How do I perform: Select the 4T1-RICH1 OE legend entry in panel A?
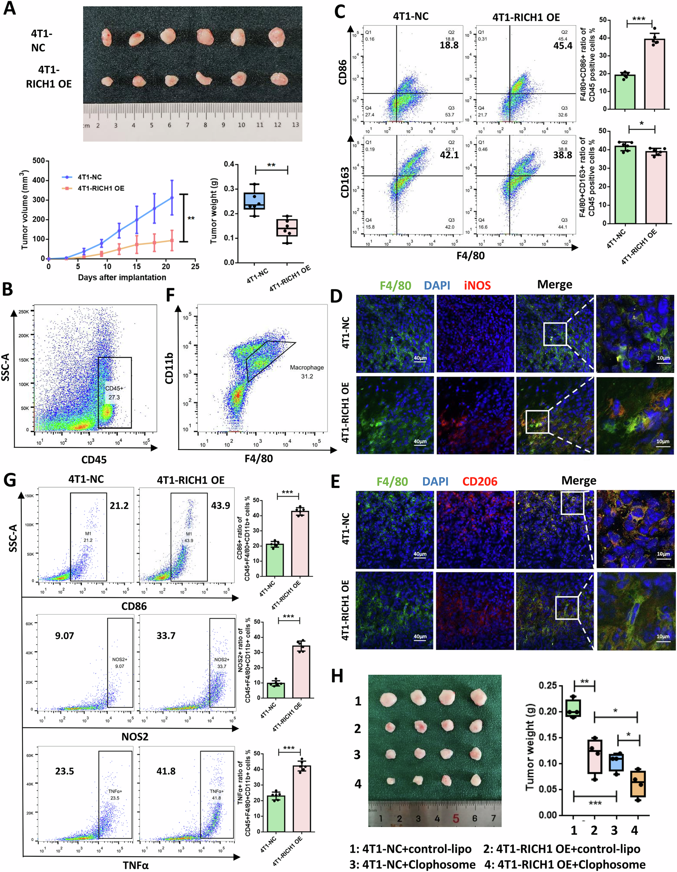(100, 188)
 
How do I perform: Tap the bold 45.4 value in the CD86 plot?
(563, 45)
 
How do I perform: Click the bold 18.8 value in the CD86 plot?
(449, 45)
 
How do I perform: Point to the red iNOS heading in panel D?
(477, 285)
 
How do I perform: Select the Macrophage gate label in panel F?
(307, 367)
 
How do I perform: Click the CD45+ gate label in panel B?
(114, 388)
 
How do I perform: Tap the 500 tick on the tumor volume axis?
(39, 160)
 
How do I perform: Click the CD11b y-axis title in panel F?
(169, 368)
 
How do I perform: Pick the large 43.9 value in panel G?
(220, 505)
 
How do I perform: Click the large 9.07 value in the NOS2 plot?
(64, 636)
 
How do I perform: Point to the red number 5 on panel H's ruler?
(456, 819)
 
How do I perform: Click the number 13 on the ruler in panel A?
(295, 125)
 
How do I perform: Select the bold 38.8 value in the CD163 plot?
(563, 155)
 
